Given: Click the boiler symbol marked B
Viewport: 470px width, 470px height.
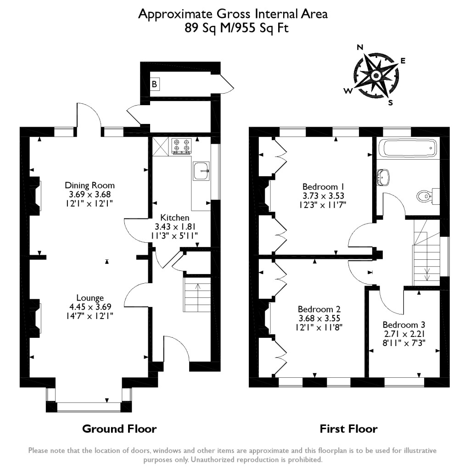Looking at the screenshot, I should coord(155,84).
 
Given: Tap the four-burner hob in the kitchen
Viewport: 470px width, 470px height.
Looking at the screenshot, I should coord(181,145).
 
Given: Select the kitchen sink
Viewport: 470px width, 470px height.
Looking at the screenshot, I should coord(201,171).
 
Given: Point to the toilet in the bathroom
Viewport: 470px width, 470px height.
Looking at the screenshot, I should coord(427,196).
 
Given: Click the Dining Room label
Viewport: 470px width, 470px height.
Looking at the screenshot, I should coord(90,185).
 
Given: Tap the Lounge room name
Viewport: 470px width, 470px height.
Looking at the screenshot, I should coord(90,297).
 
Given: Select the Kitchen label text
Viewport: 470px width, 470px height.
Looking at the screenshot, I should coord(174,217).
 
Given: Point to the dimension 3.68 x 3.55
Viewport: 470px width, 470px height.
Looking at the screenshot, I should coord(319,318).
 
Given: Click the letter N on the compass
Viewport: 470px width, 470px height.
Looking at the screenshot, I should coord(360,47).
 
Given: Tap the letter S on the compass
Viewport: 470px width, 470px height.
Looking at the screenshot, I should coord(391,103).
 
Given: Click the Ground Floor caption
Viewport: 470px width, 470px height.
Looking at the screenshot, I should coord(119,429).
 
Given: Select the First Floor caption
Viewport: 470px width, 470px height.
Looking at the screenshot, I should coord(348,429).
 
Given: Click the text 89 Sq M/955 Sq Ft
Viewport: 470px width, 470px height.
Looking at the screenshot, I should coord(233,28).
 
